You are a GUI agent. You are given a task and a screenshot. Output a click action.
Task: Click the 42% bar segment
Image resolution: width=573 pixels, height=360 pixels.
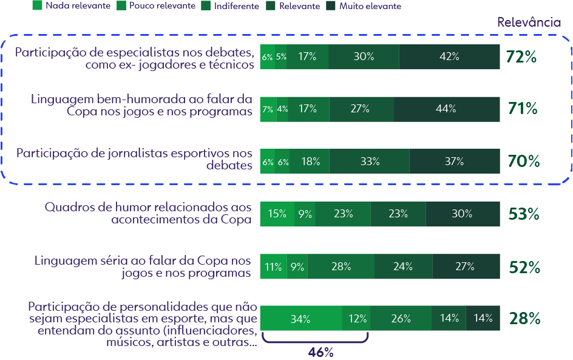450,56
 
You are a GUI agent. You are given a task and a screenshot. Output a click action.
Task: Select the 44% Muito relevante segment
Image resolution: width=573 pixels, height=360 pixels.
446,109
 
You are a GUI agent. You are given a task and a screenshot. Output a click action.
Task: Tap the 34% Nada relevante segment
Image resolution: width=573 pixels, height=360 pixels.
300,319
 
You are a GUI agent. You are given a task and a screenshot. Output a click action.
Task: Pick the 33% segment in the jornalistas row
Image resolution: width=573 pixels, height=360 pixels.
370,161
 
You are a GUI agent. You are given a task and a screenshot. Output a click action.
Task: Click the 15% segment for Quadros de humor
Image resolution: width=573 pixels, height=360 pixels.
277,214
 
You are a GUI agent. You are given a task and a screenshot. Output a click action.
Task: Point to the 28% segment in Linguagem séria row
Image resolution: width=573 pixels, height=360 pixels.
341,267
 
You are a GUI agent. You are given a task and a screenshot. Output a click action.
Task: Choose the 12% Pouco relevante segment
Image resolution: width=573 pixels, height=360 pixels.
357,319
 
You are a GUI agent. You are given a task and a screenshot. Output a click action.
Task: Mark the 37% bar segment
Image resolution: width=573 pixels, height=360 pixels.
454,161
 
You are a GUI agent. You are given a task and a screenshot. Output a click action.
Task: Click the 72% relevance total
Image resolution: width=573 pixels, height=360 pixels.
521,57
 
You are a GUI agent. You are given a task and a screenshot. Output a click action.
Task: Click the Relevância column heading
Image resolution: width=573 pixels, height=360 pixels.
529,23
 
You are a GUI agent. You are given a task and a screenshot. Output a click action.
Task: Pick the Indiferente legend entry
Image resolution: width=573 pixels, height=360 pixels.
236,6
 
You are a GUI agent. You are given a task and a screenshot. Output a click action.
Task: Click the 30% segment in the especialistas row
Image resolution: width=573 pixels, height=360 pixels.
364,56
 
